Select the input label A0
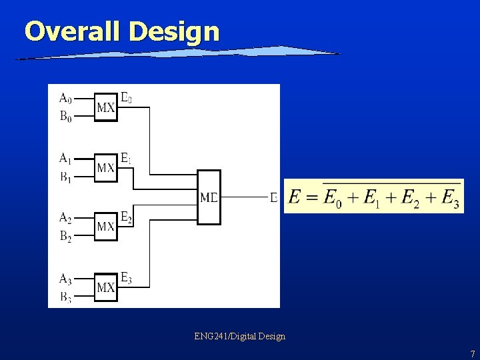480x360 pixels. tap(65, 99)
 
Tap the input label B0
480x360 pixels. tap(65, 117)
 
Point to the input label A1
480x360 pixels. tap(65, 159)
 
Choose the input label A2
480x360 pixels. tap(65, 217)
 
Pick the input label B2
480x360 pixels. tap(65, 235)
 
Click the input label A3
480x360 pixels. tap(65, 279)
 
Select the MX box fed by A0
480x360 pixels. tap(105, 107)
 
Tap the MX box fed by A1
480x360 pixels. tap(105, 167)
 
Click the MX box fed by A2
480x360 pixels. tap(105, 227)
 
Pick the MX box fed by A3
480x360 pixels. tap(105, 287)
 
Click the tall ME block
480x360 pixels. tap(209, 197)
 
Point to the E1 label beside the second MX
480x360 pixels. tap(126, 159)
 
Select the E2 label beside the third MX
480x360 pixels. tap(126, 217)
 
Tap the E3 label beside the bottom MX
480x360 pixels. tap(126, 279)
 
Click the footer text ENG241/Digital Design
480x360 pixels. tap(240, 337)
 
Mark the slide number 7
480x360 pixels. tap(472, 354)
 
